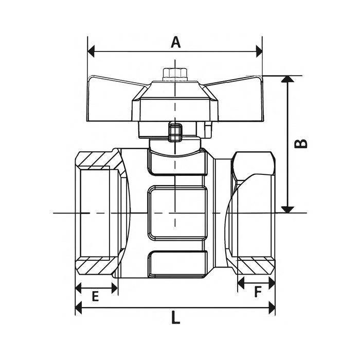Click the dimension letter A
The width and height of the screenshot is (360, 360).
click(176, 42)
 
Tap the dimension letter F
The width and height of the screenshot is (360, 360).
click(258, 292)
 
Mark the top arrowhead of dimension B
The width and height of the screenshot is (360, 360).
click(288, 79)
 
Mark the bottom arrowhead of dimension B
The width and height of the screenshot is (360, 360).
click(288, 208)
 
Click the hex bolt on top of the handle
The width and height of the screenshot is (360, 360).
click(175, 74)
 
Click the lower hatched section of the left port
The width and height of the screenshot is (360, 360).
click(98, 265)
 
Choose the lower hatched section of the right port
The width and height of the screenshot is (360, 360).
click(255, 265)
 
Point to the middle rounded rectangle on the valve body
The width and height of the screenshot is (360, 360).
click(177, 212)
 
